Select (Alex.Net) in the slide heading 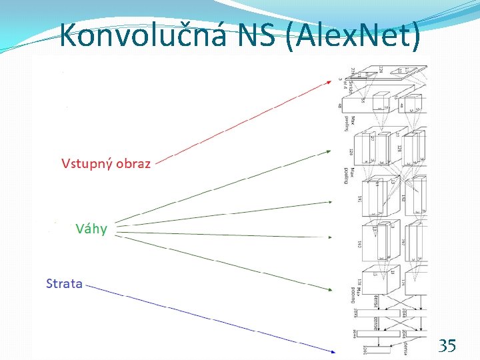tap(351, 35)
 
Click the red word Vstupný tap(87, 163)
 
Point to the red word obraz tap(133, 163)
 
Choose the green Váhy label tap(91, 229)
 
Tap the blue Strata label tap(64, 283)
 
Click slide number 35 tap(447, 345)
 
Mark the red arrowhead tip tap(331, 81)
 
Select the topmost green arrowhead tap(331, 153)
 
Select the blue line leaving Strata tap(213, 318)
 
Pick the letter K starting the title tap(67, 35)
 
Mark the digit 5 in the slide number tap(452, 345)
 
